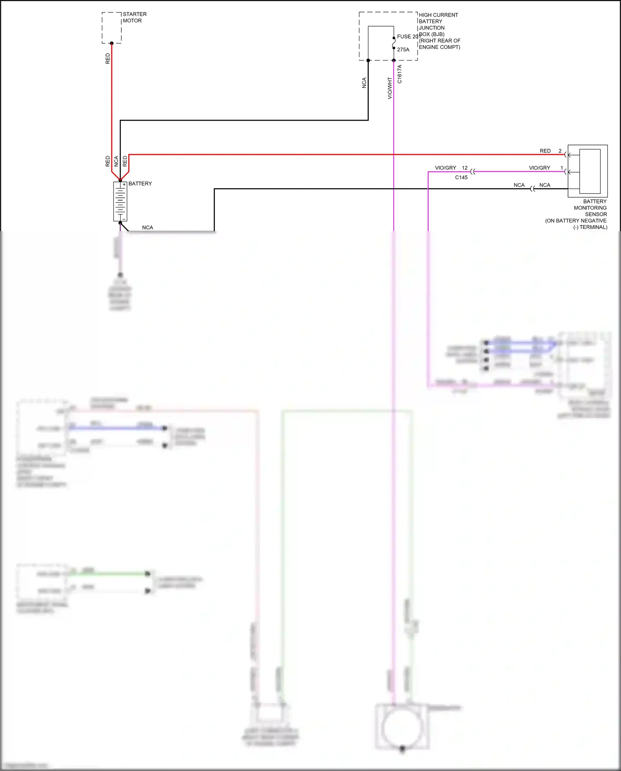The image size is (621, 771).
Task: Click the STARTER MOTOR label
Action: [134, 17]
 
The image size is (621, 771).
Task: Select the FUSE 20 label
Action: [408, 36]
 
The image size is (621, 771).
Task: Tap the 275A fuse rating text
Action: [403, 50]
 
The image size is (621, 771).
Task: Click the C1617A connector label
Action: [400, 74]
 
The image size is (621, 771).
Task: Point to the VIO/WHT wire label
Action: [390, 88]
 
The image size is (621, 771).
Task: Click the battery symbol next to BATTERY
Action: [120, 201]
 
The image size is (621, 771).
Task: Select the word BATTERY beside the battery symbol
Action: [140, 184]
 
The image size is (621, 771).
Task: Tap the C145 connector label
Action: [461, 177]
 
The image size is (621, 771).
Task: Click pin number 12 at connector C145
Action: [465, 168]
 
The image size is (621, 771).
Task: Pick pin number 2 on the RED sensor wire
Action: [560, 151]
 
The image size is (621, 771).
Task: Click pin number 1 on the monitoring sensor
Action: [562, 168]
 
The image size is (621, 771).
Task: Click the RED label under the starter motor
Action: [108, 58]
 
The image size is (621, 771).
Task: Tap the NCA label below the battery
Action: [147, 227]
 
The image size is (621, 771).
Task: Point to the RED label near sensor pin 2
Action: [545, 151]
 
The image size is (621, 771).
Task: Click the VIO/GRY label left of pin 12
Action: [445, 168]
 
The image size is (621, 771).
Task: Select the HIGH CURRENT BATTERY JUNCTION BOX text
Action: [439, 31]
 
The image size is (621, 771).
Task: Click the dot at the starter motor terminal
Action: [111, 43]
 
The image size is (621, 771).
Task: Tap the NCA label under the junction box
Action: [364, 83]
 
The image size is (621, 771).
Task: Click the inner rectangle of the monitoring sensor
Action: [590, 171]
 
